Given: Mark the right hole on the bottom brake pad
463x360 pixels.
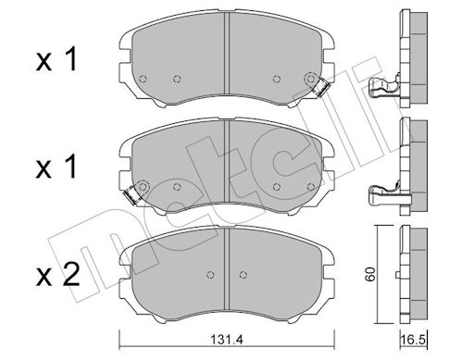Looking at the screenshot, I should (244, 275).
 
